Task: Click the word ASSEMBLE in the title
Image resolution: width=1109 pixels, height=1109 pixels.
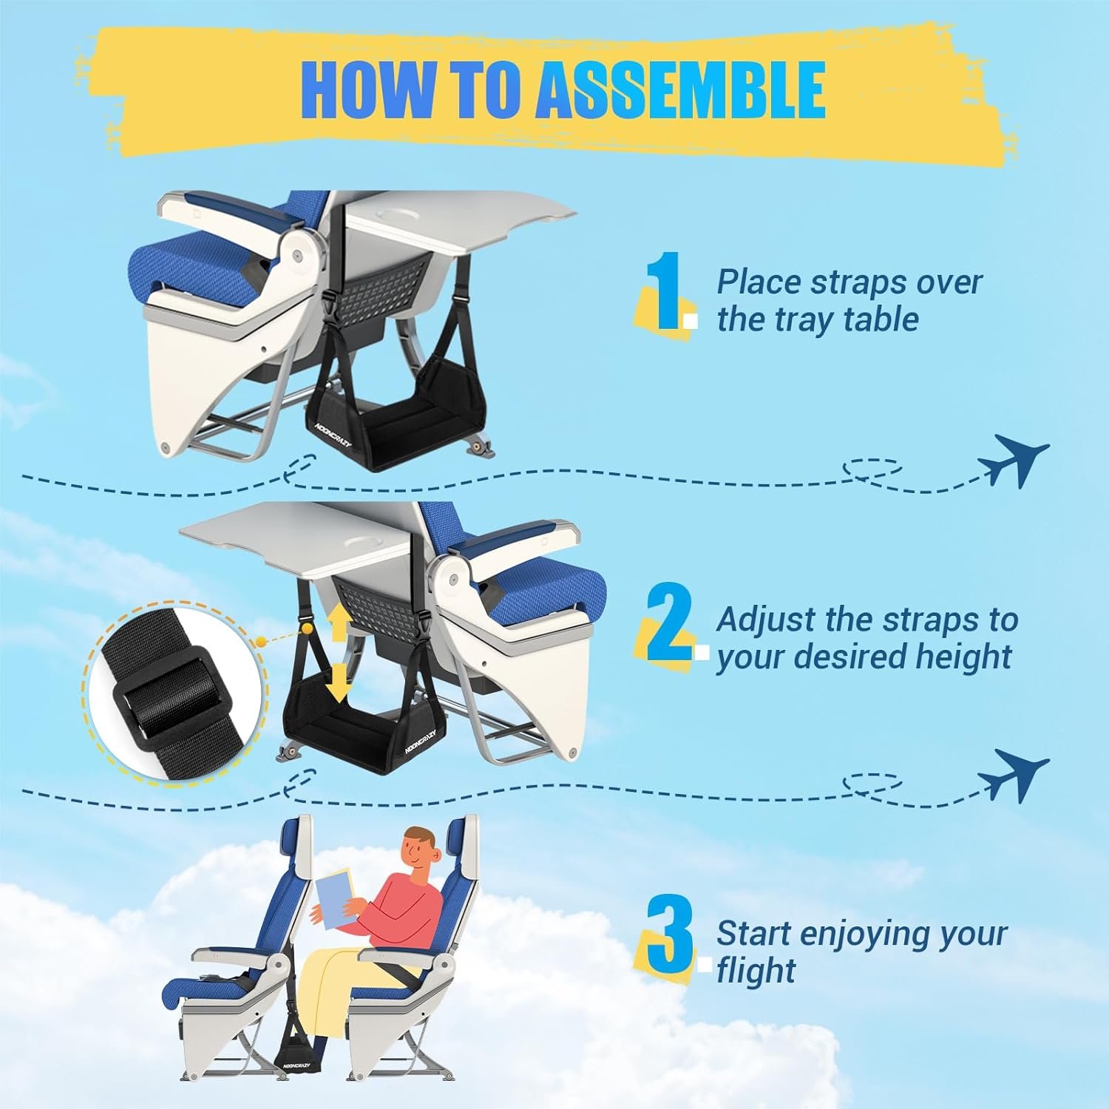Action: pyautogui.click(x=680, y=89)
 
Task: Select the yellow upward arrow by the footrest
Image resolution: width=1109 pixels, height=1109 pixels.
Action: pyautogui.click(x=339, y=623)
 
